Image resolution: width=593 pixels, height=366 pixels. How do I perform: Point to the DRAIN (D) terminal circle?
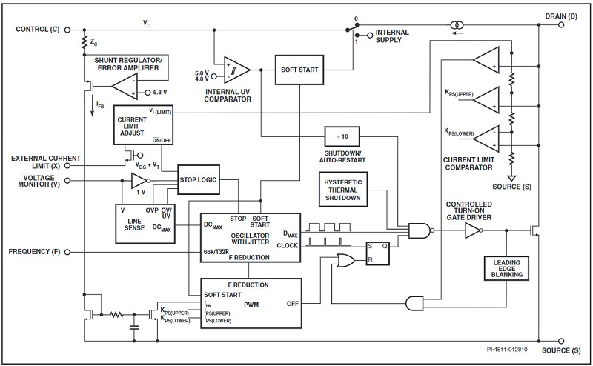pyautogui.click(x=561, y=25)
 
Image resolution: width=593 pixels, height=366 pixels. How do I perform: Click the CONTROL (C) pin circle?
pyautogui.click(x=67, y=30)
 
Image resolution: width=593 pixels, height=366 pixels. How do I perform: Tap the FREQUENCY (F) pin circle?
pyautogui.click(x=67, y=252)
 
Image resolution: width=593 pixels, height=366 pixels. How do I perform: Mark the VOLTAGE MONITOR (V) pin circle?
pyautogui.click(x=67, y=181)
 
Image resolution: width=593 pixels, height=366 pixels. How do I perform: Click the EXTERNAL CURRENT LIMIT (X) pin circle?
pyautogui.click(x=67, y=165)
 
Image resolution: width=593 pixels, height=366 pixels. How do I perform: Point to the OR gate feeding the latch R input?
pyautogui.click(x=345, y=260)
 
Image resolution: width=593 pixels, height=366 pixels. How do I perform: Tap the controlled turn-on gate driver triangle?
pyautogui.click(x=473, y=230)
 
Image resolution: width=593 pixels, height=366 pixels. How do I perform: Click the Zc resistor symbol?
pyautogui.click(x=85, y=42)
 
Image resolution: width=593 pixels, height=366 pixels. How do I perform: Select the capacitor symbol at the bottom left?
pyautogui.click(x=134, y=327)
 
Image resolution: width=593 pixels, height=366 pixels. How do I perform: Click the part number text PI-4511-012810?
pyautogui.click(x=507, y=350)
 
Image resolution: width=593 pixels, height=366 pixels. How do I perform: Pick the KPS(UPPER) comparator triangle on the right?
pyautogui.click(x=486, y=100)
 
